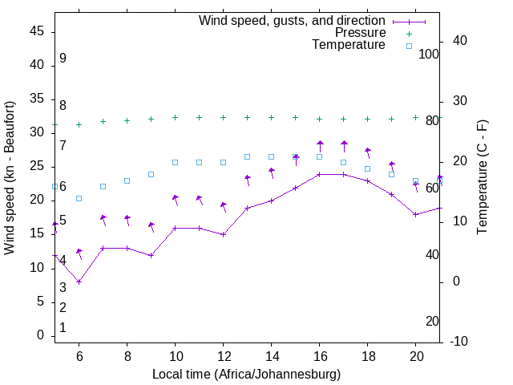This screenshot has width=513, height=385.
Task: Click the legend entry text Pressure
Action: tap(360, 33)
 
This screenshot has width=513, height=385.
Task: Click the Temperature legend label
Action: tap(349, 46)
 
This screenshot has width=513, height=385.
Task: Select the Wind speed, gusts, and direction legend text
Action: tap(293, 20)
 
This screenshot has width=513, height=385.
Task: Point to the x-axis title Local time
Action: tap(246, 375)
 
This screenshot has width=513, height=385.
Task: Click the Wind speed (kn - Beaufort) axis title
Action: tap(10, 178)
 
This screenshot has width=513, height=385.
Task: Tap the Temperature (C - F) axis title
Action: tap(482, 178)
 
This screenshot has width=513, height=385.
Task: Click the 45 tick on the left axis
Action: tap(37, 31)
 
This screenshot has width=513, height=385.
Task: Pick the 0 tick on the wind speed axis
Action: tap(40, 336)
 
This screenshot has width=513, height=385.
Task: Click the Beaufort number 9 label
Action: tap(63, 59)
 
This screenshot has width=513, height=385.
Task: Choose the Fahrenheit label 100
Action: tap(429, 54)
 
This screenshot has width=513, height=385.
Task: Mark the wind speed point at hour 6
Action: tap(79, 282)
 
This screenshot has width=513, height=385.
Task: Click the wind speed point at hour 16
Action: tap(320, 174)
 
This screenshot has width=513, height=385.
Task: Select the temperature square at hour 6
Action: tap(79, 198)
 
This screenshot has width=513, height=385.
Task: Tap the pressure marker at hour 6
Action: tap(79, 124)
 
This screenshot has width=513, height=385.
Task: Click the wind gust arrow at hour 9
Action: tap(151, 227)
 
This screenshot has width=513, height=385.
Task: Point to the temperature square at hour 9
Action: tap(151, 174)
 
